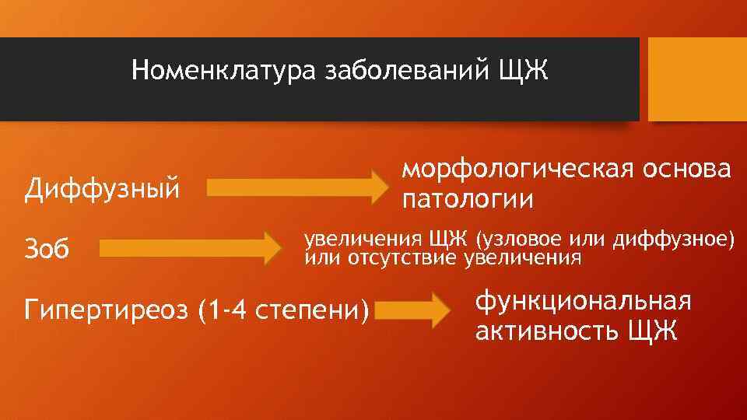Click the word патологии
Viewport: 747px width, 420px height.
click(467, 200)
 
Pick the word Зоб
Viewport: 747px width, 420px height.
click(48, 250)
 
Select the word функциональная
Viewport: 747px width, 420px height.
click(583, 302)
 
